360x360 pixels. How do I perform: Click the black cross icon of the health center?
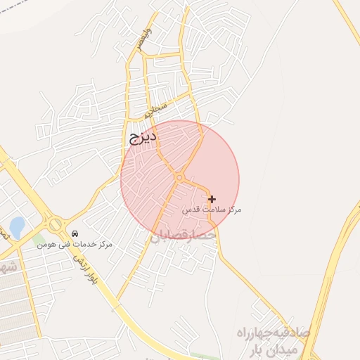[212, 200]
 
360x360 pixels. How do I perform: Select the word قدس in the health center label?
[191, 210]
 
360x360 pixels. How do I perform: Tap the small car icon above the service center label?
[75, 233]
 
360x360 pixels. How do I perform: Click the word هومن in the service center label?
[46, 244]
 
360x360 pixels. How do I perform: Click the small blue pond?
[16, 227]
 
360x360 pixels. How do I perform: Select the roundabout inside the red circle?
[179, 178]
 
